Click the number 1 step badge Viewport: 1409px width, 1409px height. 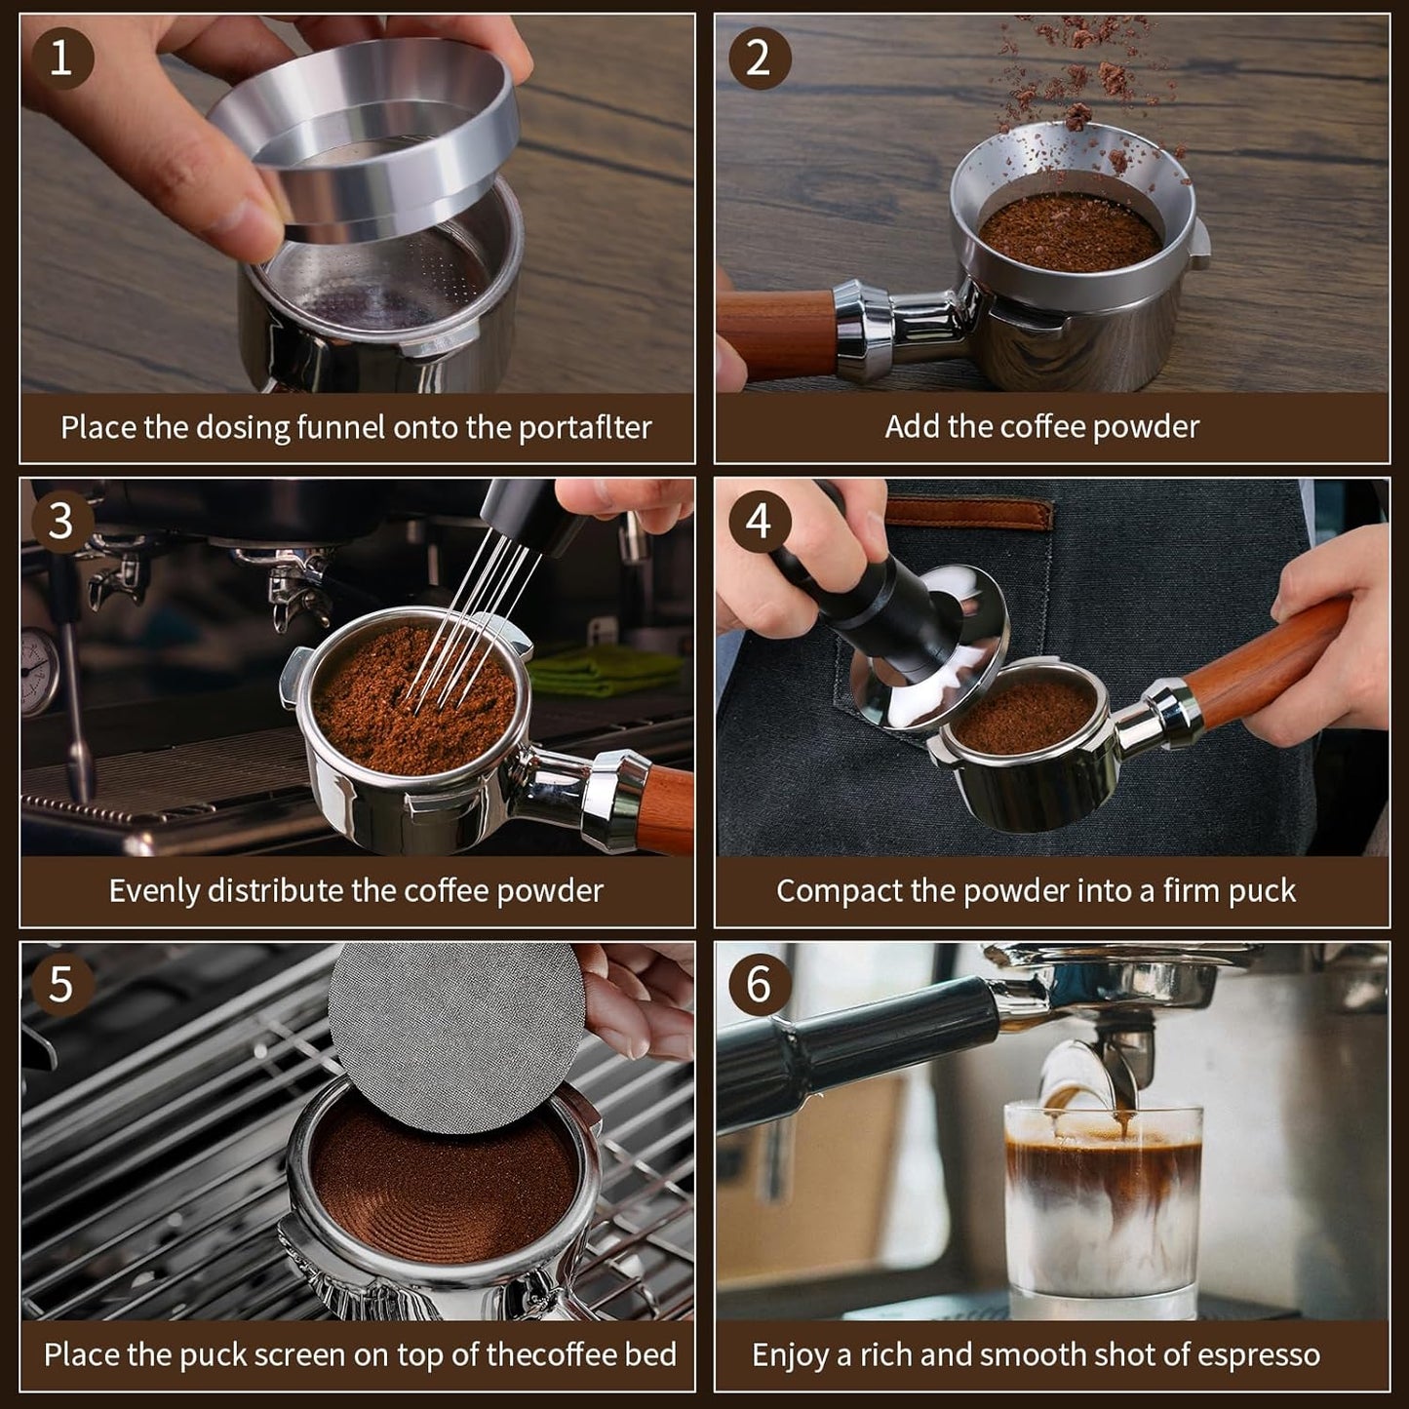tap(60, 58)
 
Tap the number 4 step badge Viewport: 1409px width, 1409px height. tap(759, 522)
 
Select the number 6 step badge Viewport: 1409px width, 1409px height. tap(759, 984)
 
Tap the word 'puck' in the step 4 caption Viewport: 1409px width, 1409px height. tap(1264, 890)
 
